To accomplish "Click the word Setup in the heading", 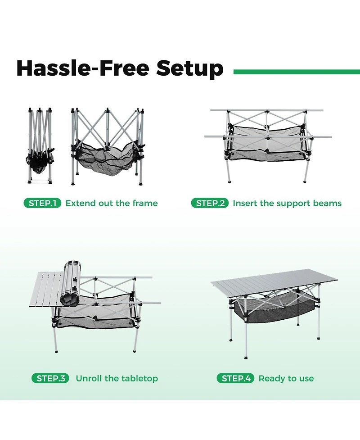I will point(189,68).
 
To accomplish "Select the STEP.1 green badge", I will point(42,203).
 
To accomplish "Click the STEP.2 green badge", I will point(210,203).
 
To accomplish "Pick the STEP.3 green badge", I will point(50,378).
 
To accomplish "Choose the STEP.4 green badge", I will point(235,378).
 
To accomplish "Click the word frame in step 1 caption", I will point(145,203).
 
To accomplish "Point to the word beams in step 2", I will point(327,203).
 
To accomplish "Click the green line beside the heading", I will point(297,72).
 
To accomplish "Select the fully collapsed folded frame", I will point(40,144).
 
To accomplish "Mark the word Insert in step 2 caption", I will point(245,203).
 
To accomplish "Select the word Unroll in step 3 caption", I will point(89,378).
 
